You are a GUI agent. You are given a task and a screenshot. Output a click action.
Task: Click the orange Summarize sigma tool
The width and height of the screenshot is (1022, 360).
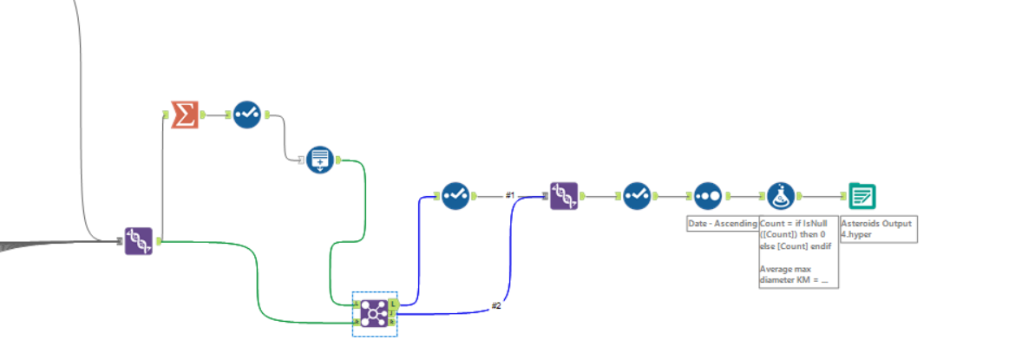(x=184, y=114)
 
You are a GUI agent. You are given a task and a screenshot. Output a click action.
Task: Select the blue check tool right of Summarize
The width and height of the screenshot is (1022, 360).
(x=246, y=114)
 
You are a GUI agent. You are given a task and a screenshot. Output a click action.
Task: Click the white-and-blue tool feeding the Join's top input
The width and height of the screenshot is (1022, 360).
(x=320, y=159)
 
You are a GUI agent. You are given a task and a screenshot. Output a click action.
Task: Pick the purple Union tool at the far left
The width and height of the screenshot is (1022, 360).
(x=139, y=241)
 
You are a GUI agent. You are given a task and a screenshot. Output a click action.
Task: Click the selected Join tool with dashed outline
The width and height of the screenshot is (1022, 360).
(x=374, y=313)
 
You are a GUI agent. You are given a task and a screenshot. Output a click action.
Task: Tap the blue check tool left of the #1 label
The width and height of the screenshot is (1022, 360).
(x=455, y=196)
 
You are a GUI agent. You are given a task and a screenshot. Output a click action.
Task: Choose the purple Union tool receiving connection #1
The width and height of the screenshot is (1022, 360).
(x=565, y=196)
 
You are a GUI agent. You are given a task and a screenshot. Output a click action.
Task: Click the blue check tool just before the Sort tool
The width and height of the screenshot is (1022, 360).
(x=637, y=196)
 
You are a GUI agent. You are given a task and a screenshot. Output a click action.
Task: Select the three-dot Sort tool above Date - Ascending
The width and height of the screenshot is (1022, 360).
(x=709, y=196)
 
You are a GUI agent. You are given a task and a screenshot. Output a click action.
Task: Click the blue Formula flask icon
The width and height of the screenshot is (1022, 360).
(x=781, y=196)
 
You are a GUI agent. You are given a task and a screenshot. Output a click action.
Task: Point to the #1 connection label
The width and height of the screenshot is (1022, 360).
(x=511, y=194)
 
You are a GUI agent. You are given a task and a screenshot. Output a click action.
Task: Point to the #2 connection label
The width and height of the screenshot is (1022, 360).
(x=496, y=305)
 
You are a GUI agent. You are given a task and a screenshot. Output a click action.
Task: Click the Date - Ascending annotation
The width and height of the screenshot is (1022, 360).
(x=722, y=225)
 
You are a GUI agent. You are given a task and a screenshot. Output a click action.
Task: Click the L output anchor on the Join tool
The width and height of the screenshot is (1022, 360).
(x=394, y=304)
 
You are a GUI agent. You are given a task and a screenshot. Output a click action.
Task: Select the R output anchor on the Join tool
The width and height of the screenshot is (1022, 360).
(x=394, y=323)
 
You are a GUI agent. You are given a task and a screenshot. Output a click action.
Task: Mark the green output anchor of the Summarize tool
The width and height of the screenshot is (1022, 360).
(x=203, y=114)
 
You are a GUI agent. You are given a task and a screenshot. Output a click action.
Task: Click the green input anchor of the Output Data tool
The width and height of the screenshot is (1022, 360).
(x=842, y=196)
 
